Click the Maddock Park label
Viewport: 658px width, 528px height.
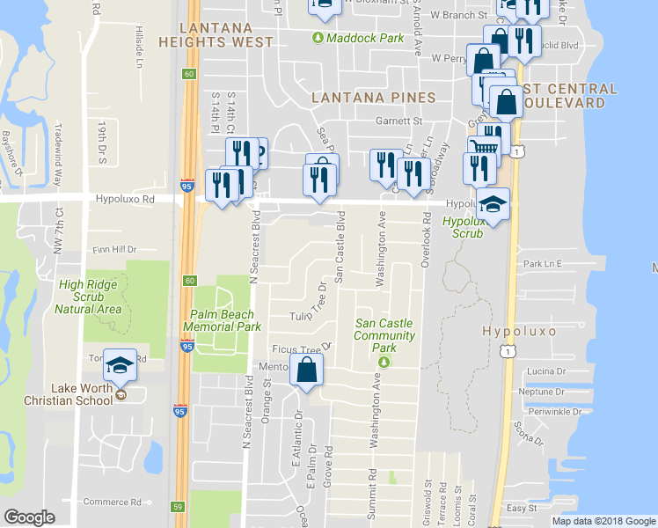coord(364,38)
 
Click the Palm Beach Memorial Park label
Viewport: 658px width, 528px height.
coord(222,320)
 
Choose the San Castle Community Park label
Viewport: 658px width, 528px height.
coord(384,335)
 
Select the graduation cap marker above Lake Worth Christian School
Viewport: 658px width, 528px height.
coord(120,364)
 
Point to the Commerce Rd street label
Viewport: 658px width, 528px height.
coord(113,502)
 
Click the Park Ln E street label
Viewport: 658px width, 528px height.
coord(542,263)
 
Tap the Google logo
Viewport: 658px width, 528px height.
coord(30,517)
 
